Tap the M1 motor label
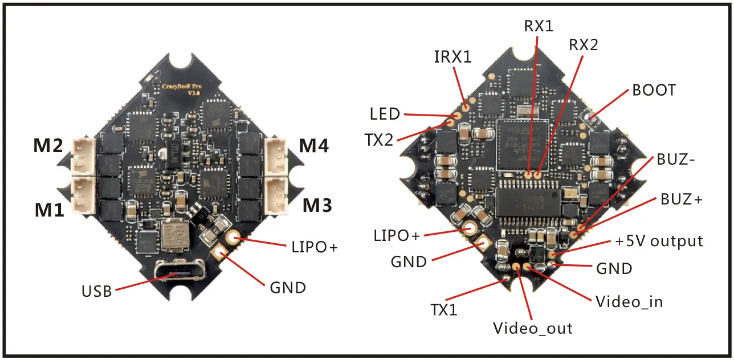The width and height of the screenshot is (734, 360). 50,210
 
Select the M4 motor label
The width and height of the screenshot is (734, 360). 314,146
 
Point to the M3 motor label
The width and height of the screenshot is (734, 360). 317,204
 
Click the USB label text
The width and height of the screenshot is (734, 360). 97,291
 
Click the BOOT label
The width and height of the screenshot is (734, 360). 654,91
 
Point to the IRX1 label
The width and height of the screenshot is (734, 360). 452,56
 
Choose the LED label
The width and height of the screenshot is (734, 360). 385,114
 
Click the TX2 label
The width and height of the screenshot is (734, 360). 380,140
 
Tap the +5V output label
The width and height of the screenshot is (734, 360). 659,241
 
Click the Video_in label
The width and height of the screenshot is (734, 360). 629,301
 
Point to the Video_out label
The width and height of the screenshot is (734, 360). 532,328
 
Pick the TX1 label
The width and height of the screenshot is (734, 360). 445,309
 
